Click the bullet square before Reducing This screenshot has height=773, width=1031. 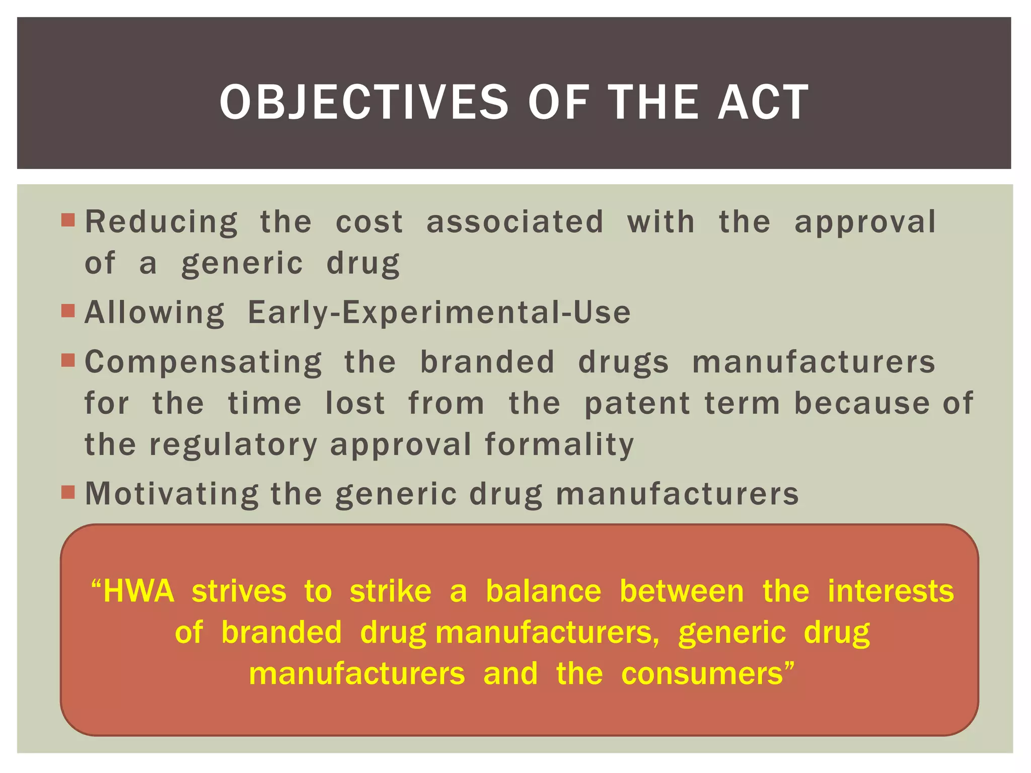click(x=68, y=220)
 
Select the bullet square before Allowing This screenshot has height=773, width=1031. click(x=68, y=311)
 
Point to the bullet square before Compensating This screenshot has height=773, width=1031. click(x=68, y=360)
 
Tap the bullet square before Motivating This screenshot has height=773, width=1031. click(x=68, y=492)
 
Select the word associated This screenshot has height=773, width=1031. click(x=514, y=222)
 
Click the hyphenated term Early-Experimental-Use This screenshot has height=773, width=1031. click(x=439, y=313)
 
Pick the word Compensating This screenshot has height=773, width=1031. click(x=203, y=363)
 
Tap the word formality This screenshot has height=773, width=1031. click(x=559, y=445)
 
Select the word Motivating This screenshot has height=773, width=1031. click(x=172, y=494)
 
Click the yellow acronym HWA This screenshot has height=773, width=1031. click(x=137, y=591)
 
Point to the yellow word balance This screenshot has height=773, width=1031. click(x=543, y=591)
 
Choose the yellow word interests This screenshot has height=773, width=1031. click(x=891, y=591)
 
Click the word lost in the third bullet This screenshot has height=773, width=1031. click(x=355, y=404)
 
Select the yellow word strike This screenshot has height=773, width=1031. click(x=391, y=591)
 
